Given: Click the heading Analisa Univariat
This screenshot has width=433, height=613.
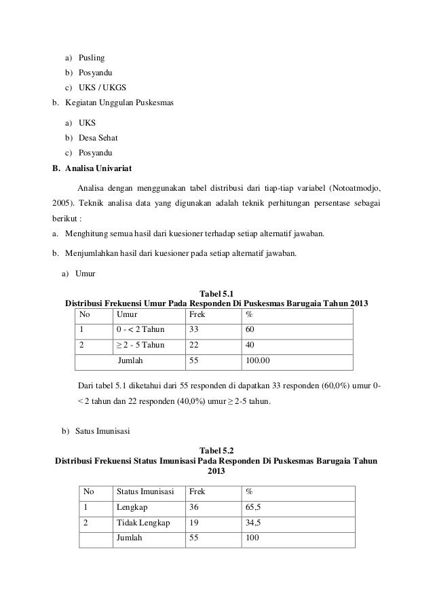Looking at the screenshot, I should coord(98,168).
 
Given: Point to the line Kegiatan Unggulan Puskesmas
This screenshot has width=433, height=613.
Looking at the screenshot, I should coord(119,103).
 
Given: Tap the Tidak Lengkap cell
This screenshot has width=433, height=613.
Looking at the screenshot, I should coord(143,523).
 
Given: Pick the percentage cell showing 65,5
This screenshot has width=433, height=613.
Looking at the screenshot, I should coord(254,507).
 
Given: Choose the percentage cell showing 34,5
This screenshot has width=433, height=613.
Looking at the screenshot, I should coord(254,523).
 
